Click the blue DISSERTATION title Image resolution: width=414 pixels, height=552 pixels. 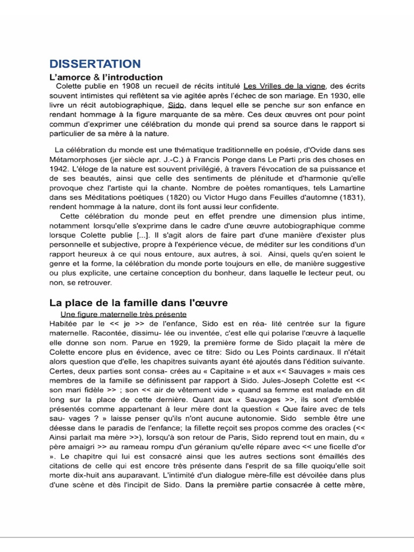coord(95,64)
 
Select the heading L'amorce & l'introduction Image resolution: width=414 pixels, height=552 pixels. coord(106,78)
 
